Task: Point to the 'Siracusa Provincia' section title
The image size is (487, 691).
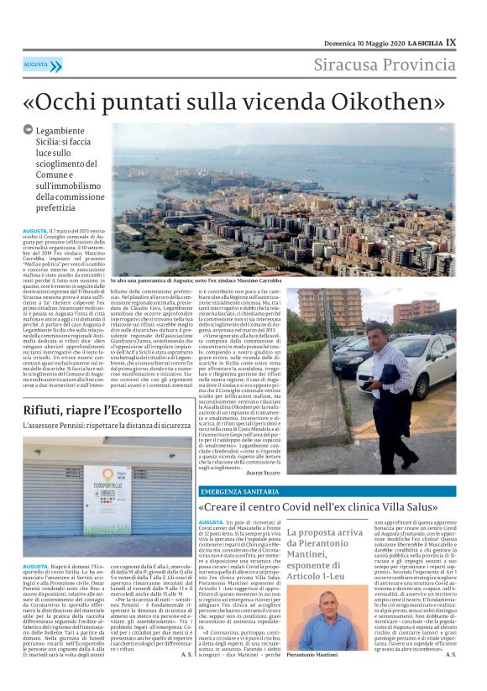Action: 385,65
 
